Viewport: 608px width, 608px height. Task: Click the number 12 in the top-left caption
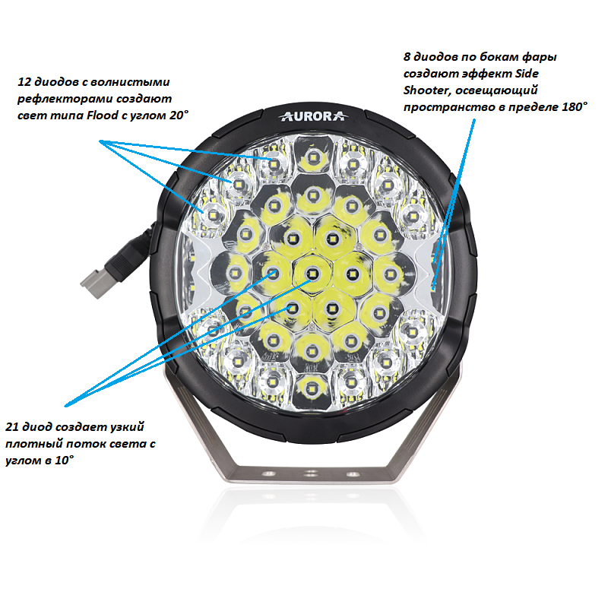pyautogui.click(x=24, y=82)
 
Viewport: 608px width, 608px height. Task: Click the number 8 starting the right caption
pyautogui.click(x=407, y=56)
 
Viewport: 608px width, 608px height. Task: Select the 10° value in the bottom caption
pyautogui.click(x=63, y=461)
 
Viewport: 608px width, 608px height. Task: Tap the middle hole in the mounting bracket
pyautogui.click(x=311, y=473)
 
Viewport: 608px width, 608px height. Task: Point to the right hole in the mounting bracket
pyautogui.click(x=351, y=473)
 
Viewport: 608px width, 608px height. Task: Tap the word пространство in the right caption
pyautogui.click(x=443, y=107)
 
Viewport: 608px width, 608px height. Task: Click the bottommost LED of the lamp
pyautogui.click(x=311, y=389)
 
